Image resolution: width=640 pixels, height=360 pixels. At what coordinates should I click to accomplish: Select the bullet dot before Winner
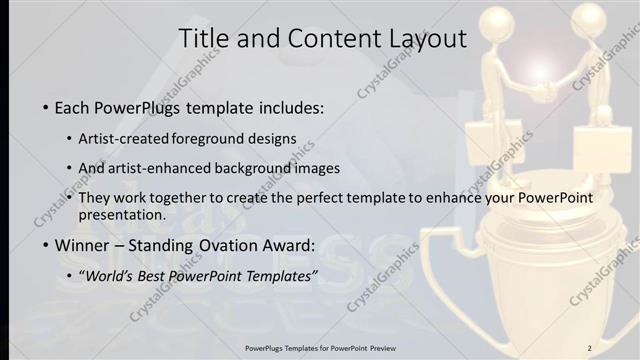pyautogui.click(x=46, y=245)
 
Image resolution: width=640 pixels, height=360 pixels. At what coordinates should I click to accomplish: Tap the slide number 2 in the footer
pyautogui.click(x=589, y=347)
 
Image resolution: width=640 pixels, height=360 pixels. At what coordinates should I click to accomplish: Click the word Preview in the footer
pyautogui.click(x=410, y=347)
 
